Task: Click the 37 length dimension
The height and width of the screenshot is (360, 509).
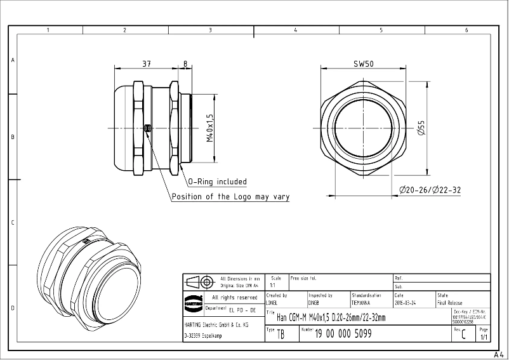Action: (x=146, y=63)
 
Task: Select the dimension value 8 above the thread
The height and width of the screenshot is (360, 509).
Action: (x=185, y=63)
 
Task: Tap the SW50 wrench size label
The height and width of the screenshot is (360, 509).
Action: (x=363, y=63)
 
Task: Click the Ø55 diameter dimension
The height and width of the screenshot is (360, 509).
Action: (x=421, y=128)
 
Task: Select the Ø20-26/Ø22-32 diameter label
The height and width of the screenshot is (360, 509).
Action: (x=430, y=190)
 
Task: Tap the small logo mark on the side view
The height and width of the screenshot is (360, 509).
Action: (x=148, y=128)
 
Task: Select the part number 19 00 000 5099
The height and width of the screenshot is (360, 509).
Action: (x=343, y=333)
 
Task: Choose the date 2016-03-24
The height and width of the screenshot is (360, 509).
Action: (x=406, y=303)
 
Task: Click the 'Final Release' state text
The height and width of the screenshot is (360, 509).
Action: (x=450, y=303)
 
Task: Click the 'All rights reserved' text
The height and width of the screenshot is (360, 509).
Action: (x=234, y=297)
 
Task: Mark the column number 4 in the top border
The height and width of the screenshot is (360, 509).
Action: (x=295, y=30)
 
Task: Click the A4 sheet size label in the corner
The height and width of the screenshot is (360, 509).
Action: (x=498, y=356)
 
